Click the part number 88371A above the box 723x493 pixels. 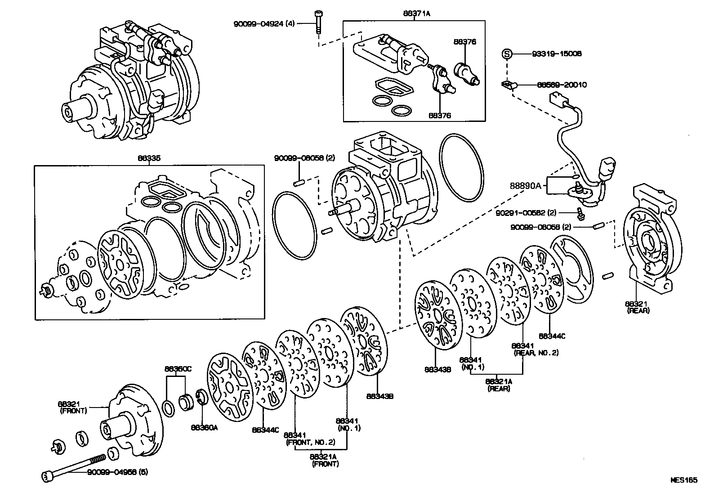416,13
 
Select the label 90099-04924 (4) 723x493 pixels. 264,23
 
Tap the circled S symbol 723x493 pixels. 507,54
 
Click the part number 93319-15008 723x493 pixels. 556,54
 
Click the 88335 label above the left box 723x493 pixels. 149,158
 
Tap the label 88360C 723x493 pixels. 178,369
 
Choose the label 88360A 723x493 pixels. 204,427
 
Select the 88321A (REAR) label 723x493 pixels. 499,385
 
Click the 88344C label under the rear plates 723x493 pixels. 552,336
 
